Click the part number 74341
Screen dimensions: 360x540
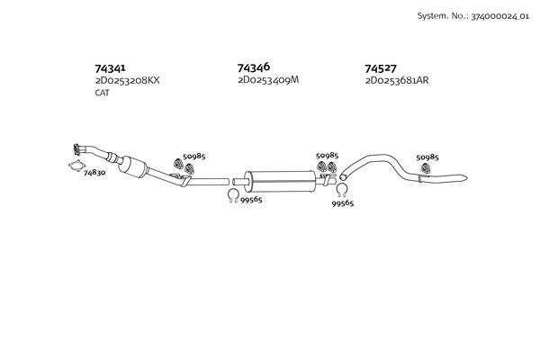tap(110, 67)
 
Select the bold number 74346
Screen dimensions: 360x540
tap(254, 67)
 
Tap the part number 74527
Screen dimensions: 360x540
tap(381, 68)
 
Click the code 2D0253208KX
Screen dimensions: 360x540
tap(127, 80)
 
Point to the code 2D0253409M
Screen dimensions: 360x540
tap(267, 79)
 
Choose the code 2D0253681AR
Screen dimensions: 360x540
tap(397, 80)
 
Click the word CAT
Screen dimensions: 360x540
tap(102, 93)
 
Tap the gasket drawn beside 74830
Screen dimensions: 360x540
tap(77, 166)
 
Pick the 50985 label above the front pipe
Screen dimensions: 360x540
tap(193, 157)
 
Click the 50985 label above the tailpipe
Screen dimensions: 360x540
tap(427, 157)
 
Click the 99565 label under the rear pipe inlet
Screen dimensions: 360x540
tap(342, 203)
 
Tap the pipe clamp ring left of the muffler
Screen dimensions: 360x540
tap(231, 195)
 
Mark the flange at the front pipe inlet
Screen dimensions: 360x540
tap(80, 149)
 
